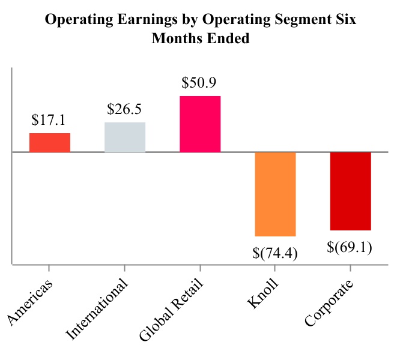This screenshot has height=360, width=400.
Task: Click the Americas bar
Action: click(x=50, y=143)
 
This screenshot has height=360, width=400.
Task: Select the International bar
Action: click(x=125, y=137)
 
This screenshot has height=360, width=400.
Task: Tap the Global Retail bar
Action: click(x=200, y=124)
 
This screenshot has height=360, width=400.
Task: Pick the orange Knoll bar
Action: click(x=276, y=194)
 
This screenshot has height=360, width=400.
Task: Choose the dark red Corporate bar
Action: click(x=351, y=191)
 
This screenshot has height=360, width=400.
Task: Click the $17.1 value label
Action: click(x=50, y=120)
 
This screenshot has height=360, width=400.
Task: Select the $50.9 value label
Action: click(x=200, y=83)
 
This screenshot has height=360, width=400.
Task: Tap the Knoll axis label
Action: click(x=262, y=293)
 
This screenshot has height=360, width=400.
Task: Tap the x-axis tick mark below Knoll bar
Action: click(x=276, y=267)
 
